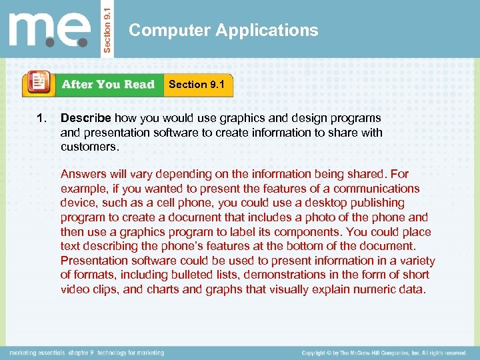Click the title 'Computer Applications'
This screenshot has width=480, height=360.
pos(223,30)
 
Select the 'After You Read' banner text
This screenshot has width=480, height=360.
pos(108,85)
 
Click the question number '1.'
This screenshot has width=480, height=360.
pos(42,118)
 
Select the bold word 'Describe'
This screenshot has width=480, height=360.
pos(85,118)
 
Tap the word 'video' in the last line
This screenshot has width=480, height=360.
pos(75,289)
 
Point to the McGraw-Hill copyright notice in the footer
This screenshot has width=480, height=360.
pos(383,353)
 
